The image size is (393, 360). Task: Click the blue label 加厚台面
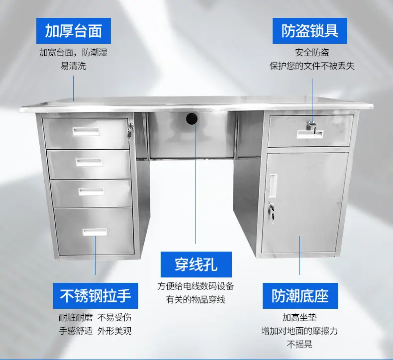(74, 31)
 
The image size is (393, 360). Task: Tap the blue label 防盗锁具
(310, 31)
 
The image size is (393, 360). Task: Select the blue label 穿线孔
(196, 265)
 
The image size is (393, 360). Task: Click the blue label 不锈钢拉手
(96, 296)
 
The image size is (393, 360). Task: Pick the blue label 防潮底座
(300, 296)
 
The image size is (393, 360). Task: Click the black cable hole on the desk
(192, 118)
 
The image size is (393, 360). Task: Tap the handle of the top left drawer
(86, 132)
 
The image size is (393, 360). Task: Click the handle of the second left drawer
(89, 162)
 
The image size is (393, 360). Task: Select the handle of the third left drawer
(91, 191)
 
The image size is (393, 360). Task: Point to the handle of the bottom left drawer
(95, 232)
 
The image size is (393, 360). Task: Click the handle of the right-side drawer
(310, 134)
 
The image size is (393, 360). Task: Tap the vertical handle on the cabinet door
(273, 185)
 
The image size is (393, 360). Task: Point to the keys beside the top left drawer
(130, 130)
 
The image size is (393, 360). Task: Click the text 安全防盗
(312, 53)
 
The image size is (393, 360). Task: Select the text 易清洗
(73, 66)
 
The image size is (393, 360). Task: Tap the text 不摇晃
(300, 344)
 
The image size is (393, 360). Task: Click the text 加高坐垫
(300, 317)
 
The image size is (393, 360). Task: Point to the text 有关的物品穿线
(196, 299)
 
